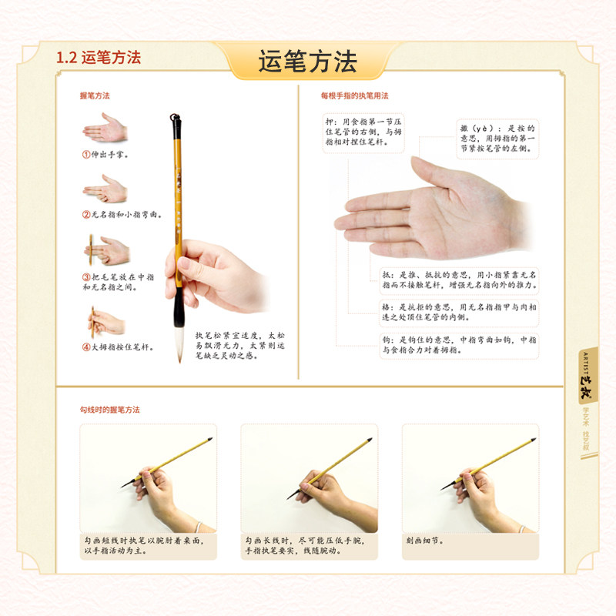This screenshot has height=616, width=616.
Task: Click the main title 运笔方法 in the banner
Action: [307, 62]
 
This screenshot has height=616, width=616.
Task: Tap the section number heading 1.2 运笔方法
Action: [99, 58]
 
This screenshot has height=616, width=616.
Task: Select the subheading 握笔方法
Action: [95, 95]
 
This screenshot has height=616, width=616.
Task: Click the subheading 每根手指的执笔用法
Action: [355, 95]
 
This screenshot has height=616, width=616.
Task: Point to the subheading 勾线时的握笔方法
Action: [110, 410]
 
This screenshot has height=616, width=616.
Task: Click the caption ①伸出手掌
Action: [105, 154]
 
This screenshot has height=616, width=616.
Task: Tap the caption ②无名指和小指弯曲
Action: [122, 214]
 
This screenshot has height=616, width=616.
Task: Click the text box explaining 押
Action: [363, 132]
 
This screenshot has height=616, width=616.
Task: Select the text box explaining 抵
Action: [460, 280]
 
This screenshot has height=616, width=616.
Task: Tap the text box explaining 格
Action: [460, 310]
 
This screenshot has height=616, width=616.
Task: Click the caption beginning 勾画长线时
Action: [308, 545]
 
